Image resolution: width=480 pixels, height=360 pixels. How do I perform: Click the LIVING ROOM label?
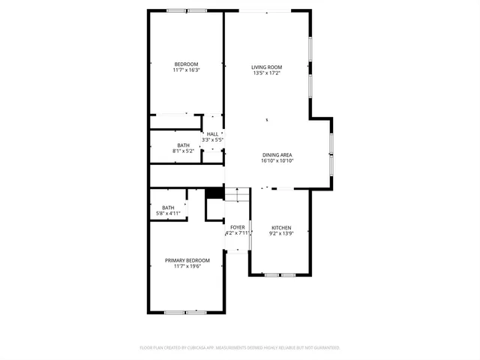pos(266,67)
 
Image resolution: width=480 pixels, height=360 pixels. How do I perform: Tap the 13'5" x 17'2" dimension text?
pos(266,73)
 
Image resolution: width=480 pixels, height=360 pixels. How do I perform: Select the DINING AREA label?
pos(277,154)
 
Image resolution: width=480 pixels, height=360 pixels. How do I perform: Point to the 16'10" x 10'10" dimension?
pos(277,160)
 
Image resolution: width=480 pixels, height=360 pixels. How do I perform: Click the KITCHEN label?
pos(281,228)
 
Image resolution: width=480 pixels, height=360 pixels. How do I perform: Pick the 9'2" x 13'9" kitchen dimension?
pos(281,234)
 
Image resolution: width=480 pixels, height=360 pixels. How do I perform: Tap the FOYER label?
pos(237,227)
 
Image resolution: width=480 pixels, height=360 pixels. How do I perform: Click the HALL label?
pos(213,134)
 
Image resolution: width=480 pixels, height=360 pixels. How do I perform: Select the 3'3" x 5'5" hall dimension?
pos(213,140)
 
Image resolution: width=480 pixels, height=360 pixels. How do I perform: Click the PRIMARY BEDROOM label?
pos(187,260)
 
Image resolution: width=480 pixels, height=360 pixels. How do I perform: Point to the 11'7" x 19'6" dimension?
pos(187,266)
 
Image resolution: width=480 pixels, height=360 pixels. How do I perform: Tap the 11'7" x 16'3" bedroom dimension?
pos(186,70)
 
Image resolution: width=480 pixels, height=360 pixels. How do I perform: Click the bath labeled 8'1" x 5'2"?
pos(184,148)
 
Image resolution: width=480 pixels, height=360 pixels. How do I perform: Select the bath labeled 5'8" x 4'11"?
pos(168,211)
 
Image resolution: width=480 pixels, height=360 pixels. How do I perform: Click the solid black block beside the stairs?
pos(214,193)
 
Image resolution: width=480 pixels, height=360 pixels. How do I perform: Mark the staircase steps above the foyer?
pos(236,194)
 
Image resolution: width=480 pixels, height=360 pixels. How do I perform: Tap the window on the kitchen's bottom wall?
pos(280,274)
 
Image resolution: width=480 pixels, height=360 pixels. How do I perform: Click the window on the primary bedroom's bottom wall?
pos(185,311)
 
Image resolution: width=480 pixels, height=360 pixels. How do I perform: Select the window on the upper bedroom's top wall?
pos(187,10)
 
